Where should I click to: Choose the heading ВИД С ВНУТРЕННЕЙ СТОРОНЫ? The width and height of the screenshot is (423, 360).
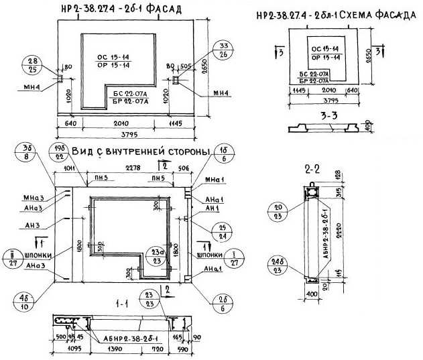(141, 151)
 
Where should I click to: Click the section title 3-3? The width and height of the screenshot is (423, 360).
(330, 115)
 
